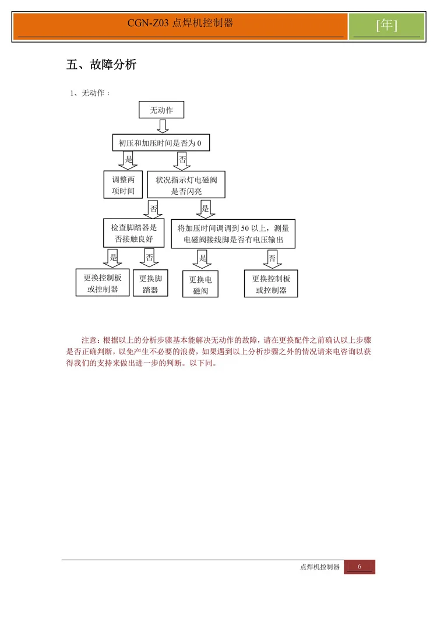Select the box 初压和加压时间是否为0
(x=160, y=143)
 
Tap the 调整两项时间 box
(x=123, y=185)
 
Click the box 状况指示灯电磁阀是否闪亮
(x=186, y=185)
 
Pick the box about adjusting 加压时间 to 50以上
(x=233, y=233)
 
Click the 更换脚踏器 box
(x=150, y=283)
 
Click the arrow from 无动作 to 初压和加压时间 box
(x=163, y=127)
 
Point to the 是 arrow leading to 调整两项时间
(x=129, y=160)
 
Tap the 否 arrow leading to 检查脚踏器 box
(x=153, y=208)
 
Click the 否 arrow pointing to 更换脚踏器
(x=150, y=258)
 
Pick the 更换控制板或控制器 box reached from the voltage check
(x=271, y=284)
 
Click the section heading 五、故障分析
(x=101, y=65)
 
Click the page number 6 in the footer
(x=360, y=567)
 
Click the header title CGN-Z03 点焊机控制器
(x=180, y=23)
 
